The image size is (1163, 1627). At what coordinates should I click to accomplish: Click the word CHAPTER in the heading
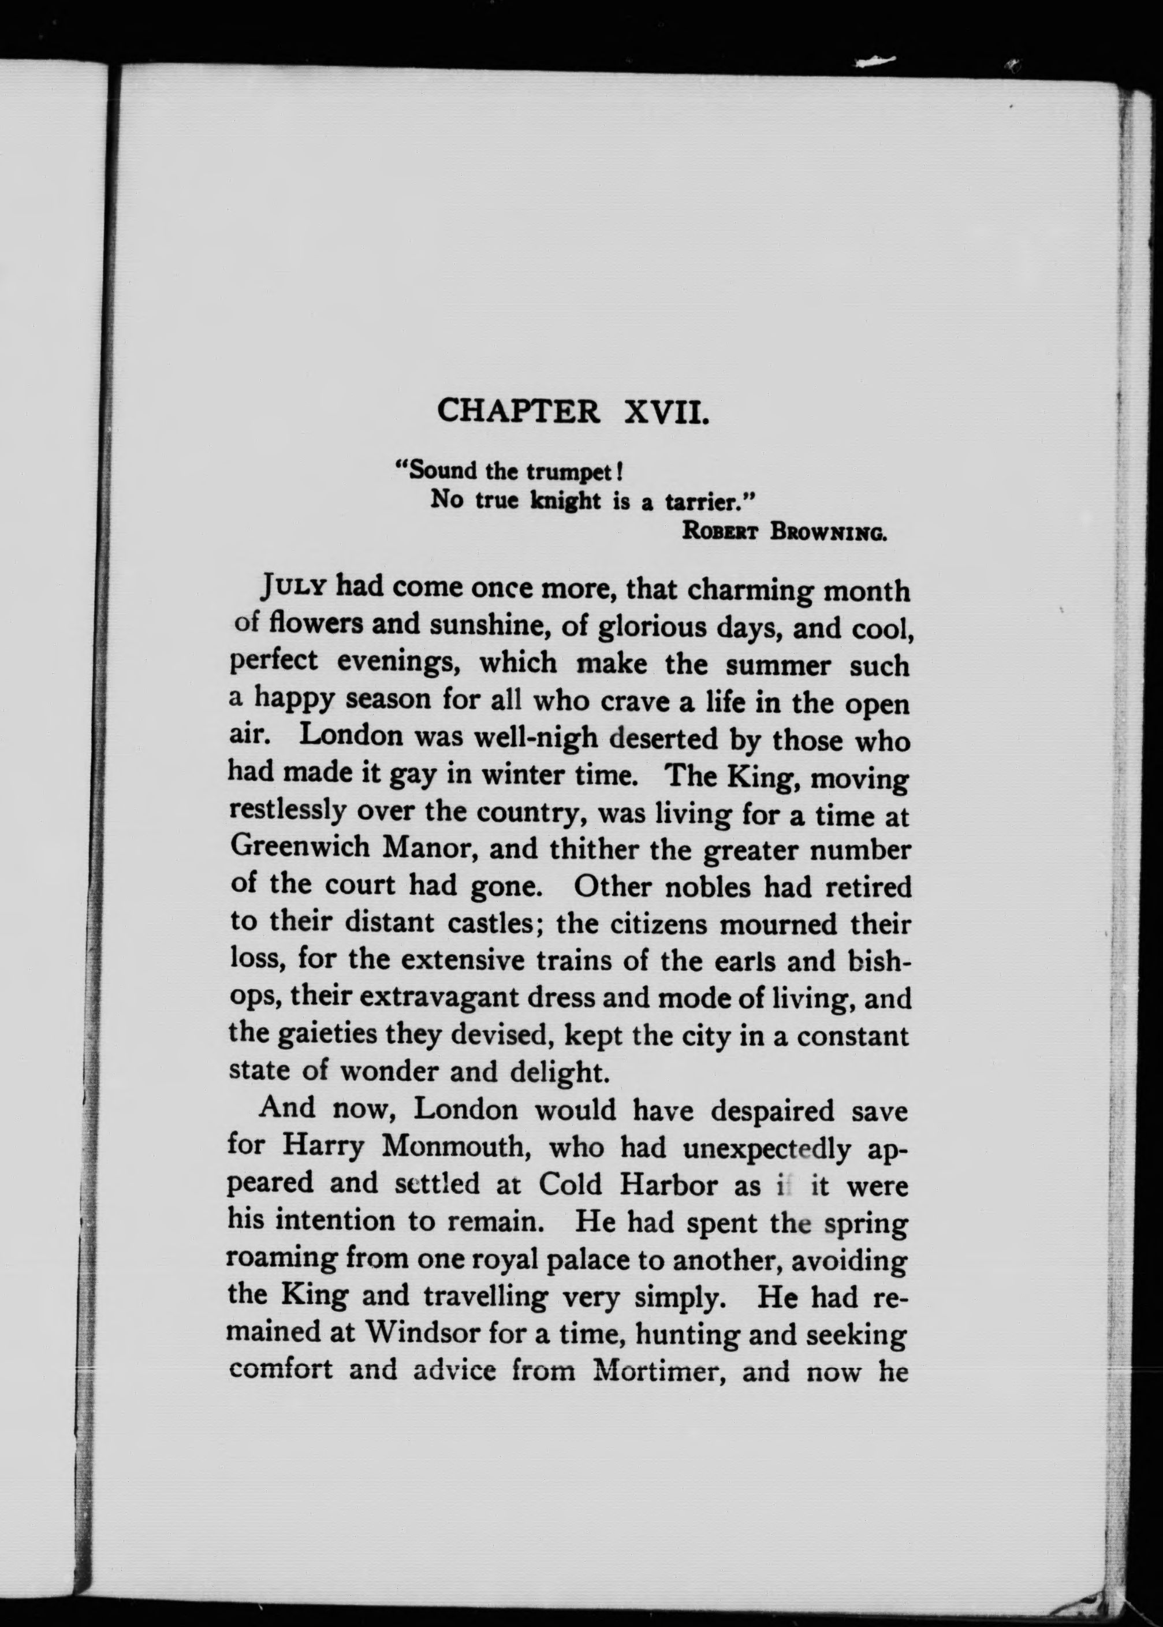519,412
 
